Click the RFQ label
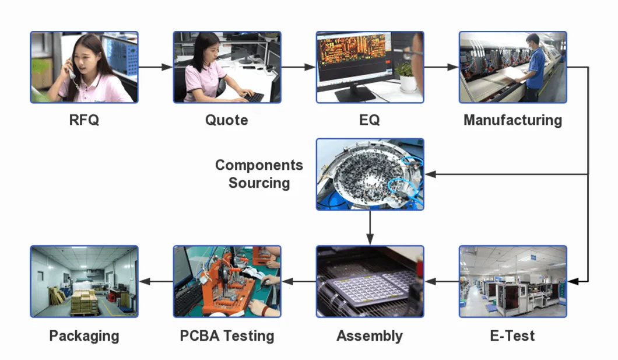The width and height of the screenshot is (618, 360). [x=84, y=120]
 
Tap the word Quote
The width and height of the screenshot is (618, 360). [x=226, y=120]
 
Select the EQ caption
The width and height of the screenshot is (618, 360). [x=370, y=120]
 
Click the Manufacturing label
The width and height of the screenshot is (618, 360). [x=512, y=120]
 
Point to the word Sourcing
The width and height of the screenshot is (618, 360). [x=259, y=183]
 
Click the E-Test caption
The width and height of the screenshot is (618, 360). [x=512, y=336]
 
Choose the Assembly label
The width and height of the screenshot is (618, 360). [x=370, y=336]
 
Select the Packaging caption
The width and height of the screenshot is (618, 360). [x=84, y=336]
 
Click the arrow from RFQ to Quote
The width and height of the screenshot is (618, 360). [x=155, y=67]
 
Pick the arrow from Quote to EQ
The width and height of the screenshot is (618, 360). [x=298, y=67]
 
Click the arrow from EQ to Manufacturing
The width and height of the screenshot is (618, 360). [x=441, y=67]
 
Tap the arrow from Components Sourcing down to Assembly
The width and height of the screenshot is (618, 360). [x=370, y=228]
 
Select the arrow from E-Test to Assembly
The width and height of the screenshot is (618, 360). [x=441, y=281]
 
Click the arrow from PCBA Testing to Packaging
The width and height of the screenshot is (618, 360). [x=155, y=281]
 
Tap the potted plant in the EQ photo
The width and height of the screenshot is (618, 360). [x=408, y=76]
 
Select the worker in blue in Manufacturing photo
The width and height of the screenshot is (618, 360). [x=534, y=64]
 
